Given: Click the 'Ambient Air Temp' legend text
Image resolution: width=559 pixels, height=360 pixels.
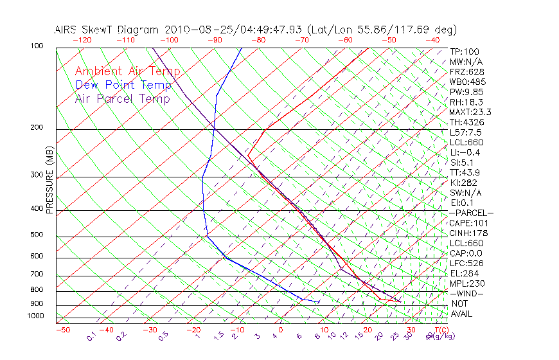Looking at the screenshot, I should [x=127, y=71].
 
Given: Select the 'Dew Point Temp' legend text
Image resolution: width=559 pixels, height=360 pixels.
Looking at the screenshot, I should [x=123, y=85].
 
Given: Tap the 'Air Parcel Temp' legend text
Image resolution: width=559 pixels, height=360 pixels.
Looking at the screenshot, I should [x=122, y=98].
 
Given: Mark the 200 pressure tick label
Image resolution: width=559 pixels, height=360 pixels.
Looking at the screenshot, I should [x=36, y=127].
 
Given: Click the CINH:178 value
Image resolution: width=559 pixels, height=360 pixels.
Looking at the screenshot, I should [x=469, y=233].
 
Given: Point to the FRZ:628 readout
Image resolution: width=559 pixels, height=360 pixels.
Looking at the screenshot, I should [x=466, y=71].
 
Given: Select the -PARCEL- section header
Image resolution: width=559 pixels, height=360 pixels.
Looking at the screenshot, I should [x=471, y=213].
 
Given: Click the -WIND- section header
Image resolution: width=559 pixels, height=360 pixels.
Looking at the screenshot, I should [x=466, y=293].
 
